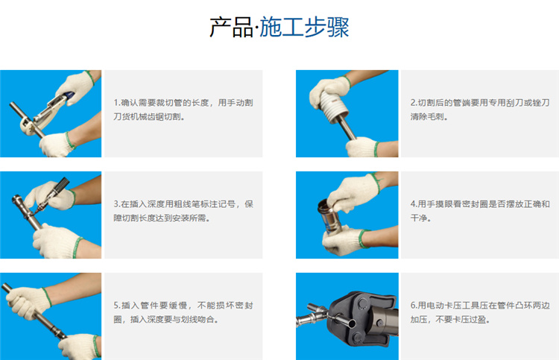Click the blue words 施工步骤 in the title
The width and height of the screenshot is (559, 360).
(x=304, y=28)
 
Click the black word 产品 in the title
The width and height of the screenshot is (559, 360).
(x=231, y=28)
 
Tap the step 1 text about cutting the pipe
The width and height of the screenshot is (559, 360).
(x=183, y=110)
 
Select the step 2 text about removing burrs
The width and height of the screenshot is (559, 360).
(x=480, y=110)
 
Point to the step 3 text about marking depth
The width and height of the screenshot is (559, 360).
(x=183, y=211)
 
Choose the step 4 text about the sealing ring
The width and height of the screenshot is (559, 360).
(x=480, y=211)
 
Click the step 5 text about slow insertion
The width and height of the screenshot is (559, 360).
(x=183, y=312)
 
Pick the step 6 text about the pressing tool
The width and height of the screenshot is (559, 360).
(x=480, y=312)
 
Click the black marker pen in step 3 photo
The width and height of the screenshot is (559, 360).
(x=54, y=195)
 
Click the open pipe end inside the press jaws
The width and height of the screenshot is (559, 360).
(x=352, y=324)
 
